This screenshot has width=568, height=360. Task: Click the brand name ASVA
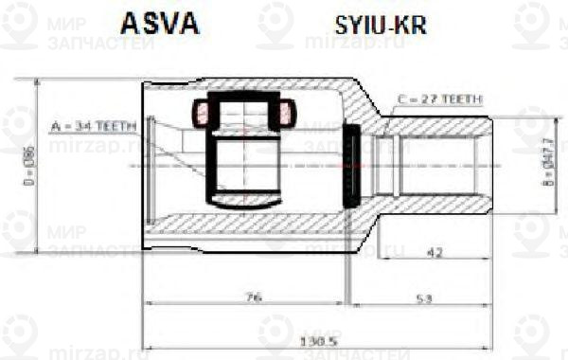(x=158, y=24)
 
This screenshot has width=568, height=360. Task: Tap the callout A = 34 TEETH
(x=95, y=124)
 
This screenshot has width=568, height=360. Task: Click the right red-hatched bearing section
(x=286, y=114)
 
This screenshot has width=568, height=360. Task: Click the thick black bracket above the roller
(x=243, y=99)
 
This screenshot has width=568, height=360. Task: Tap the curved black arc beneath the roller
(x=243, y=202)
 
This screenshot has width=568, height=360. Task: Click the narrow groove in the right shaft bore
(x=387, y=166)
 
